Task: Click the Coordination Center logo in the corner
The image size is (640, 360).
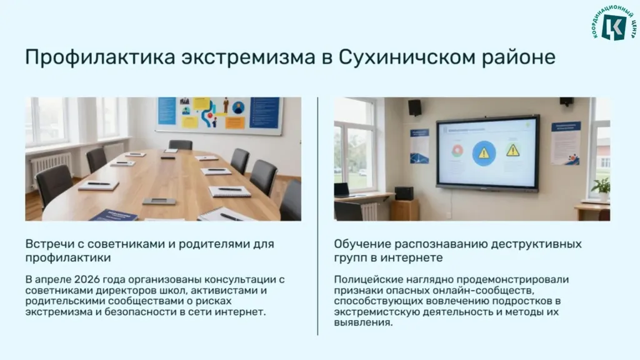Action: [614, 23]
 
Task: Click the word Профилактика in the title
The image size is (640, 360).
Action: [100, 57]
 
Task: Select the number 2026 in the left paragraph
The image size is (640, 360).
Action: [87, 279]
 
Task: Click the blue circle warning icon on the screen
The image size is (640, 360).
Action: [484, 154]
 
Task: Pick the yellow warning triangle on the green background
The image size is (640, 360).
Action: [512, 150]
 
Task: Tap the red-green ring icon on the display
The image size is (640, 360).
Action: [457, 151]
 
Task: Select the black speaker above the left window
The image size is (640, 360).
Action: [415, 107]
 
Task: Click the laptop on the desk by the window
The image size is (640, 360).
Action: [342, 190]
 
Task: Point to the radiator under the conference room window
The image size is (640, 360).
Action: [51, 165]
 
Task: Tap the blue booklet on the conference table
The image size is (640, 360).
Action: [114, 215]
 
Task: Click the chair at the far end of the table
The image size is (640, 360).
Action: [181, 144]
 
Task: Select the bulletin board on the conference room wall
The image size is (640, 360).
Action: [219, 115]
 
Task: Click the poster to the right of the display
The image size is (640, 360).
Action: [566, 143]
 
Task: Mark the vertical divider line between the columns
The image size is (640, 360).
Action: [317, 216]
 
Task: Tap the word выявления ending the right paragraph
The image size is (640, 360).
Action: [363, 322]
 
